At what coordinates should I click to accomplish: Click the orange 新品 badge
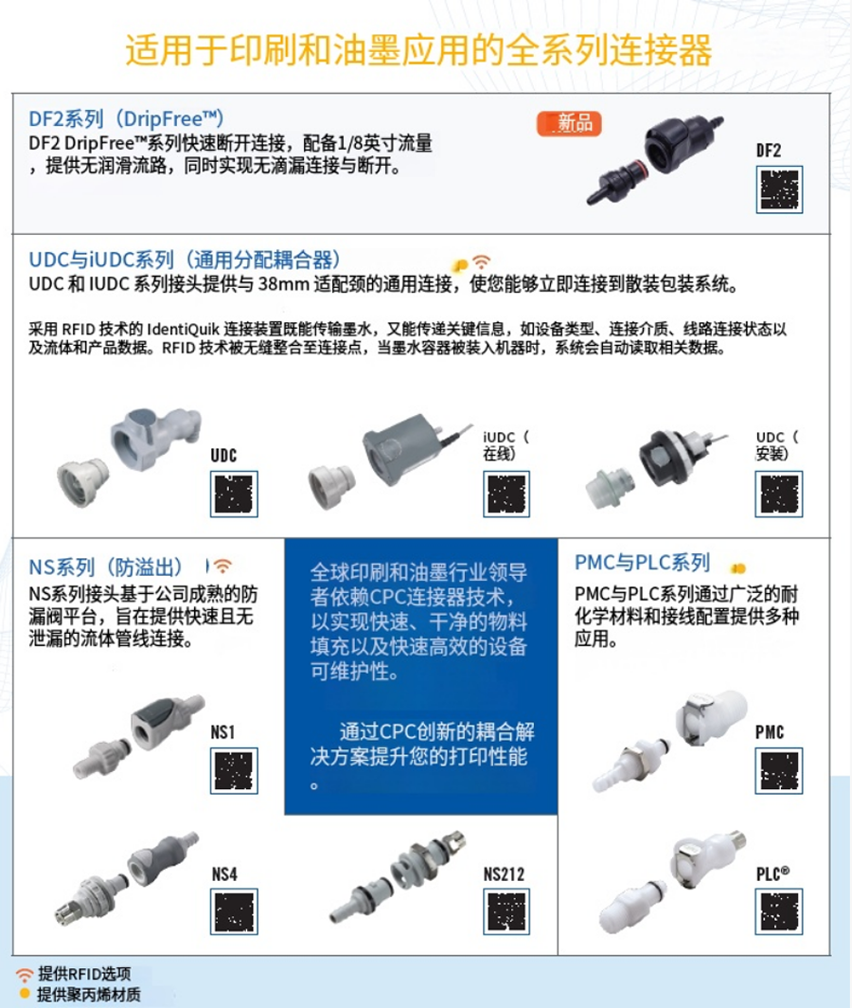click(x=569, y=123)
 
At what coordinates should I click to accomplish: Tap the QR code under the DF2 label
click(x=779, y=189)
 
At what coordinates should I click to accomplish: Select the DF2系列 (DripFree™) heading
click(x=127, y=118)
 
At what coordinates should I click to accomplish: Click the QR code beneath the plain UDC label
click(x=234, y=494)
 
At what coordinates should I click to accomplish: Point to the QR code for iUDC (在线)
click(x=506, y=494)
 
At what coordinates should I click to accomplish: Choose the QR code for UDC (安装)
click(x=779, y=494)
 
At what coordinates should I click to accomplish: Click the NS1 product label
click(x=223, y=732)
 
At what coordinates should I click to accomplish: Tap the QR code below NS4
click(x=234, y=911)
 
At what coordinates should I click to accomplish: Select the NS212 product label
click(x=504, y=874)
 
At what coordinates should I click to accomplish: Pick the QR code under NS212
click(x=506, y=911)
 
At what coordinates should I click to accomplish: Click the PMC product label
click(x=769, y=732)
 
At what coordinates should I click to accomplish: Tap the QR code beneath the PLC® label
click(x=779, y=911)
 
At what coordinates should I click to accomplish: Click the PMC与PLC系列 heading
click(x=642, y=563)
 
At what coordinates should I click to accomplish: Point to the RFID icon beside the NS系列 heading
click(x=222, y=566)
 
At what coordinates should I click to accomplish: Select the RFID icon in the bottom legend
click(x=25, y=975)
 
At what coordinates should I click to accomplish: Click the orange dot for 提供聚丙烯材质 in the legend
click(x=25, y=994)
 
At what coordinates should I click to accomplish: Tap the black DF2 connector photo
click(x=654, y=157)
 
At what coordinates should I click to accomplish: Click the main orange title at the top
click(x=418, y=50)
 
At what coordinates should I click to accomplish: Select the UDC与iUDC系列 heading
click(x=185, y=260)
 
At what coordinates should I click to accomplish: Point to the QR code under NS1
click(x=234, y=770)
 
